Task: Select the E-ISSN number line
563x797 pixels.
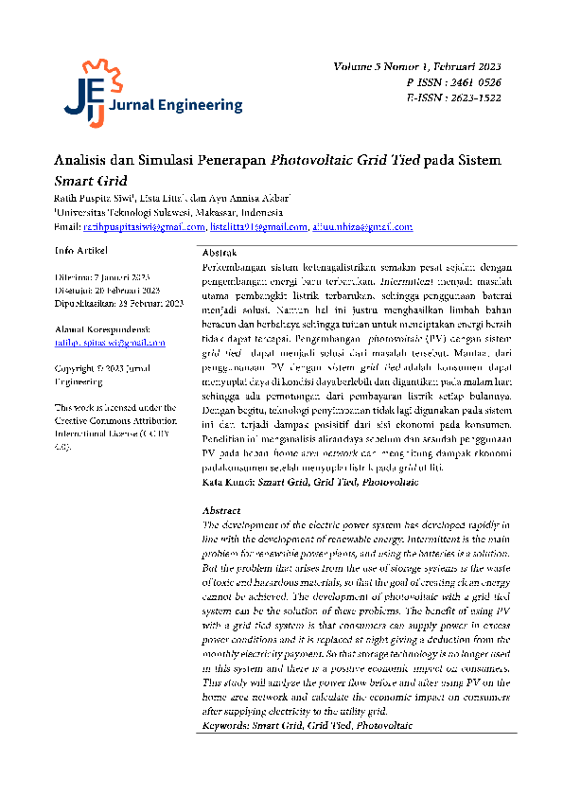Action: [x=453, y=97]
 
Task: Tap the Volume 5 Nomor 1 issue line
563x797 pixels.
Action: [x=417, y=68]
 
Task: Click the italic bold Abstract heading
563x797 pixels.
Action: [x=221, y=510]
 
